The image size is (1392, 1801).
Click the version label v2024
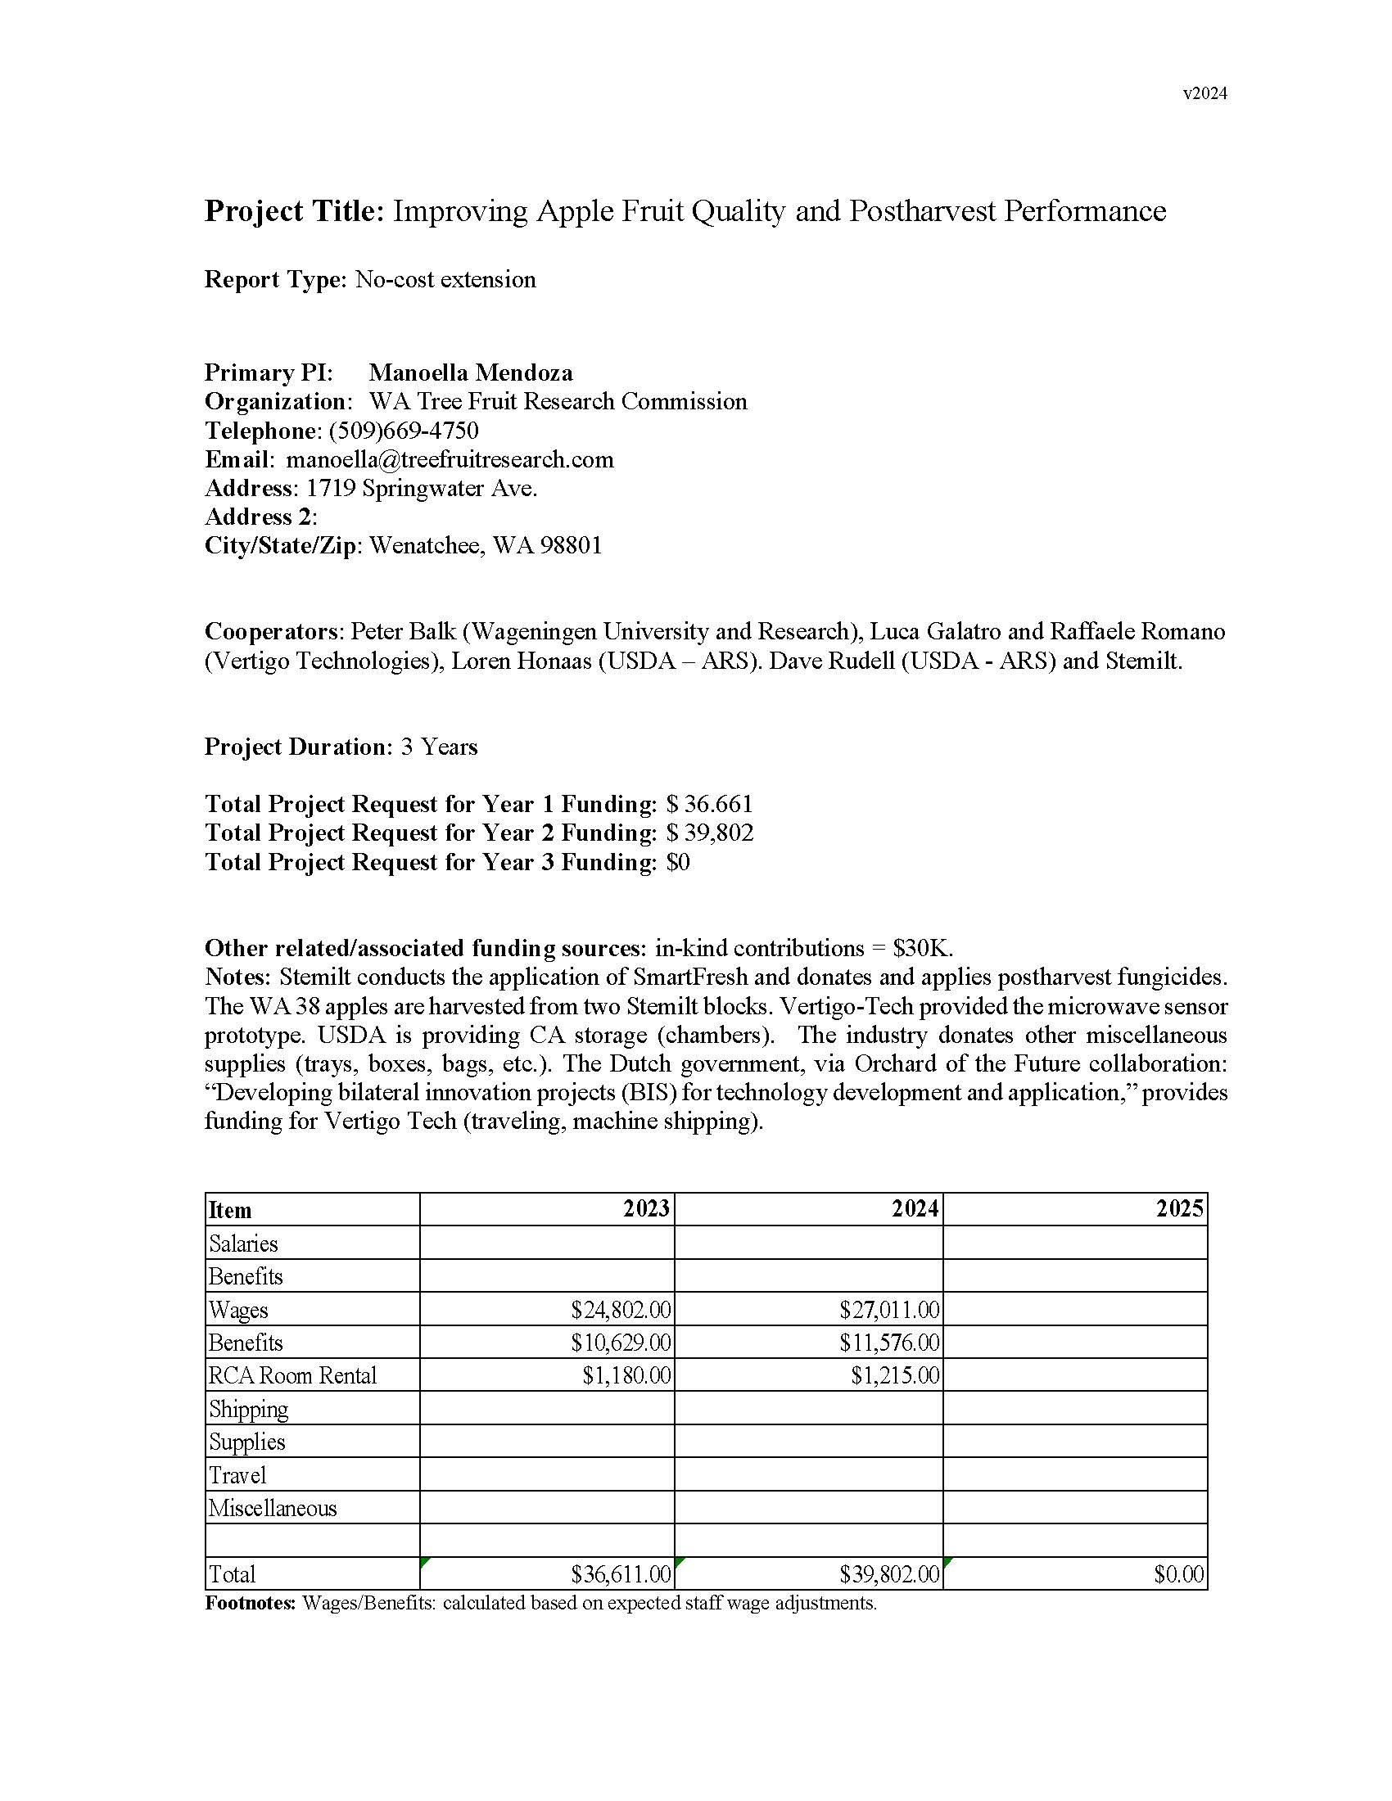tap(1204, 93)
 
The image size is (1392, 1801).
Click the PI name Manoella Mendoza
tap(470, 372)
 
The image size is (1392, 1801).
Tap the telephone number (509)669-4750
tap(403, 431)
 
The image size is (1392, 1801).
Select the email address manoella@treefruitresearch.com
tap(450, 459)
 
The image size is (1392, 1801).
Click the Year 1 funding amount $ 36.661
tap(709, 804)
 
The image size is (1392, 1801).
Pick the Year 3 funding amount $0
tap(678, 862)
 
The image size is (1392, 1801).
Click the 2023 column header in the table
tap(646, 1209)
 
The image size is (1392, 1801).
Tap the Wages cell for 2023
tap(620, 1310)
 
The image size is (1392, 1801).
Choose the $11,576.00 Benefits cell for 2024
tap(889, 1343)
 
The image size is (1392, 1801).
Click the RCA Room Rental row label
tap(293, 1375)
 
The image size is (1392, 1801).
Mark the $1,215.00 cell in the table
tap(895, 1375)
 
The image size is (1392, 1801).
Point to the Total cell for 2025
tap(1178, 1574)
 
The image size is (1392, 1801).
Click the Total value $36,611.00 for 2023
tap(620, 1574)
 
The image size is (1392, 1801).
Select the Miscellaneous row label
tap(272, 1508)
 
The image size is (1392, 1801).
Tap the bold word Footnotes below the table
tap(250, 1603)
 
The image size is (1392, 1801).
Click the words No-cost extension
tap(445, 279)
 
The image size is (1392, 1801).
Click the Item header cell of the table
tap(230, 1210)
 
